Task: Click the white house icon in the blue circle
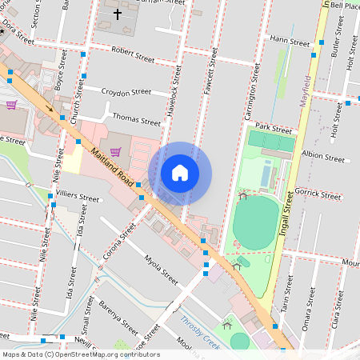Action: pyautogui.click(x=180, y=173)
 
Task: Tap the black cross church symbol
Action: pyautogui.click(x=117, y=14)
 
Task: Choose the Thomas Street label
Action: pyautogui.click(x=137, y=119)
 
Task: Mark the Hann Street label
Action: pyautogui.click(x=289, y=40)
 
